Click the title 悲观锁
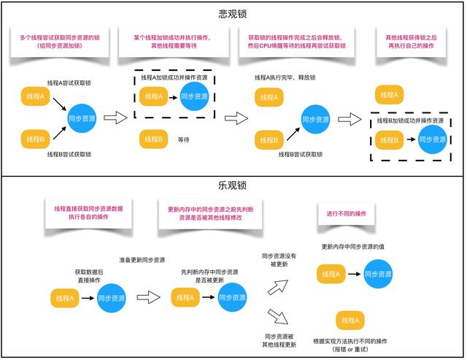click(x=233, y=14)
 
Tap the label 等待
click(x=183, y=139)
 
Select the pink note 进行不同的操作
click(x=346, y=213)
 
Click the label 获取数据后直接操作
click(x=89, y=275)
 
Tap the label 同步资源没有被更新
click(x=280, y=261)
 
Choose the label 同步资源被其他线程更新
click(x=280, y=340)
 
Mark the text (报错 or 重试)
click(x=350, y=350)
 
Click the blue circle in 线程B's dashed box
click(x=432, y=139)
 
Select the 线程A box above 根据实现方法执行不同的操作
click(x=350, y=320)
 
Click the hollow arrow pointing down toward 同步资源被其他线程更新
click(x=278, y=317)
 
